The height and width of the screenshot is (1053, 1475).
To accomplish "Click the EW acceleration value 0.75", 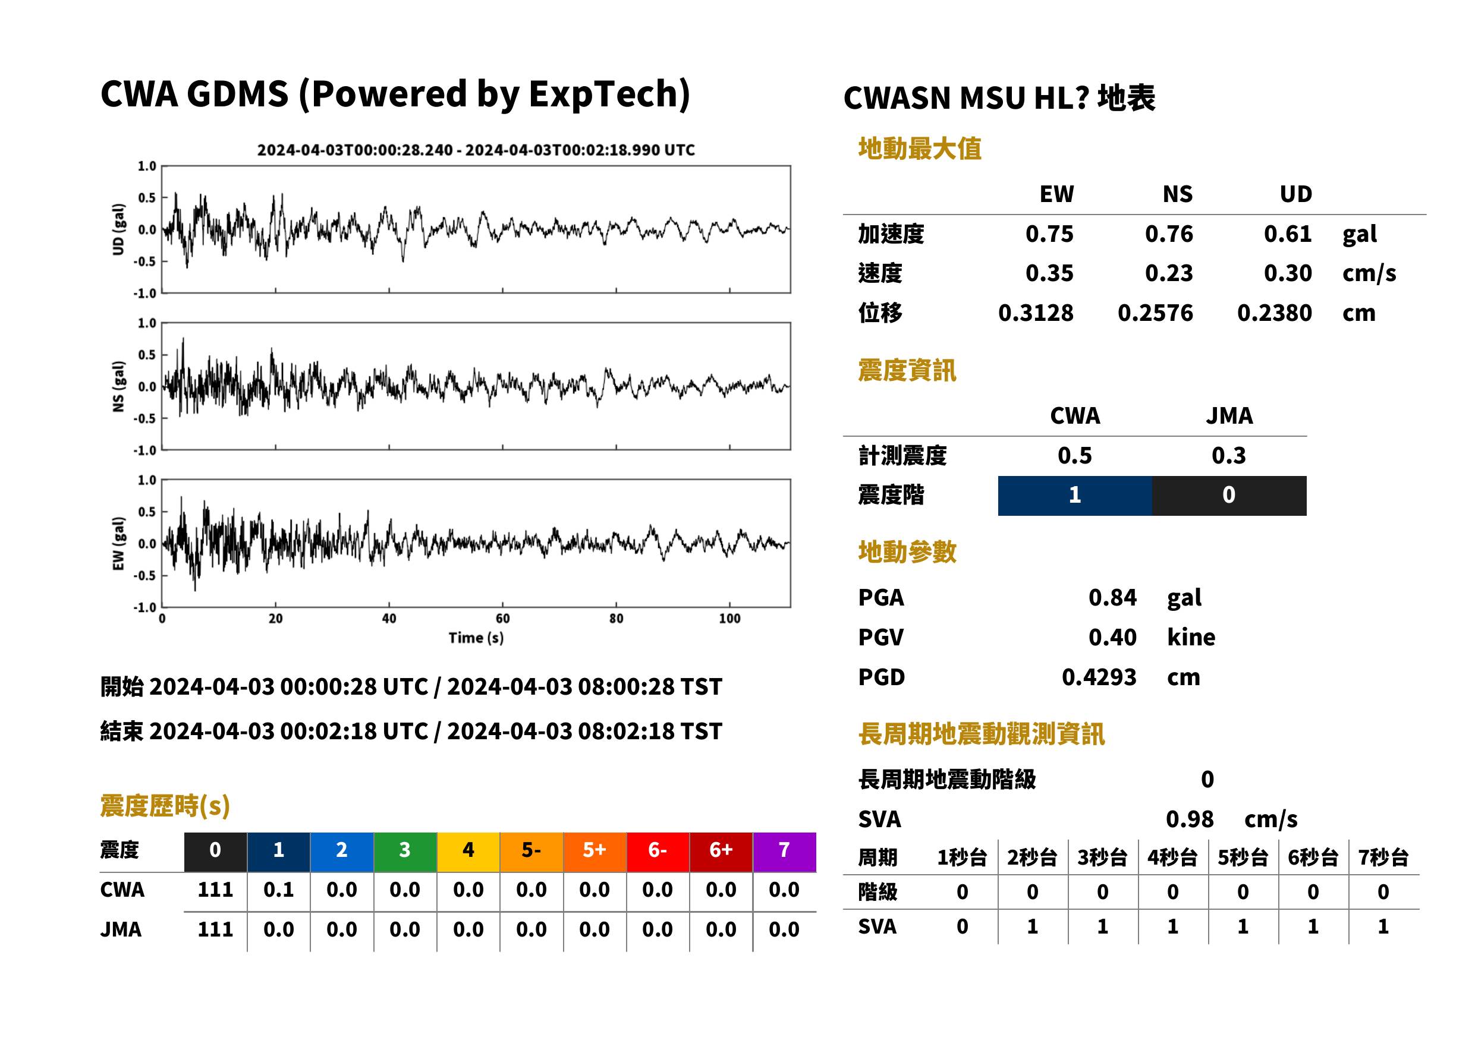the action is [1049, 234].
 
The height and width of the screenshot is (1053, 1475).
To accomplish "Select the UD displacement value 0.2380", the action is [1274, 313].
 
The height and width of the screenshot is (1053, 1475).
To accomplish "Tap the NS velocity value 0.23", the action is [1168, 273].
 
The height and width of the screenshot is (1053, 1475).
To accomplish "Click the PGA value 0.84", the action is [1112, 597].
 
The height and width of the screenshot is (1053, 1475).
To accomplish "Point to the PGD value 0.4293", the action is [1099, 677].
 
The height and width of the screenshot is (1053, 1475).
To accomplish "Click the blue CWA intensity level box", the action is [1075, 496].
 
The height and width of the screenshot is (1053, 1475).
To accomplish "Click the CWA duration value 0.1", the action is [278, 890].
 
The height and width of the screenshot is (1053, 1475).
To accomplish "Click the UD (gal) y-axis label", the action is [118, 229].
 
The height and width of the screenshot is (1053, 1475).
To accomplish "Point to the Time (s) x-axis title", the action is [476, 638].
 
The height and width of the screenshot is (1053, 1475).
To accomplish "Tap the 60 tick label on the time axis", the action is [503, 619].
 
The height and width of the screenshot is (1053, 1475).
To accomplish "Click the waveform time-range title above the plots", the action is [476, 150].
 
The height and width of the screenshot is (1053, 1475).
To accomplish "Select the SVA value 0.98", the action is [1190, 819].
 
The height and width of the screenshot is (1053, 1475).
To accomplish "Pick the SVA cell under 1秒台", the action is [962, 926].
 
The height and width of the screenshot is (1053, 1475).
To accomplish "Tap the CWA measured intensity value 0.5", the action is [1075, 455].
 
